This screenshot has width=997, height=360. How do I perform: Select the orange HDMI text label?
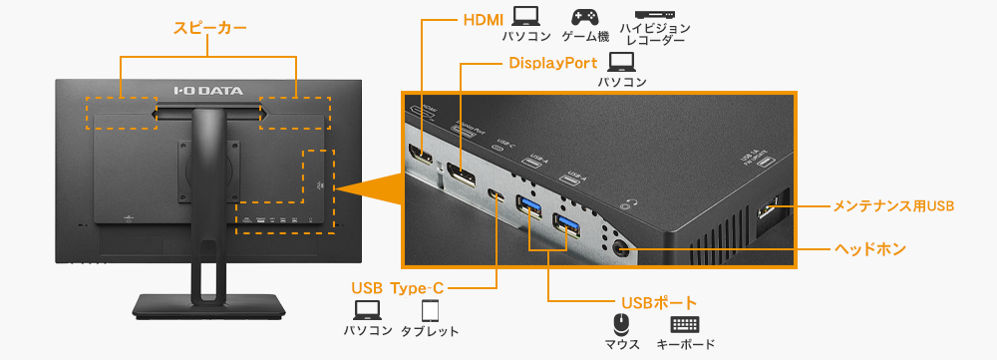(x=484, y=20)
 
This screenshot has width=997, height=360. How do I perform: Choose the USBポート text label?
(x=658, y=301)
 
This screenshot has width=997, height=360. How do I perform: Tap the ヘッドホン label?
(x=869, y=248)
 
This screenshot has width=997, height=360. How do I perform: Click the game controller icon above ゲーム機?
(x=583, y=18)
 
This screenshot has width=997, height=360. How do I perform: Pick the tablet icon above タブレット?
(x=430, y=310)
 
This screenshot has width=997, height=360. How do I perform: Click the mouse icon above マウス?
(x=621, y=324)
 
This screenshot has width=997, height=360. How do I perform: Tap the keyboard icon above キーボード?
(x=685, y=324)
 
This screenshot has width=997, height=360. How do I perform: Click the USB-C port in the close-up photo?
(x=496, y=194)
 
